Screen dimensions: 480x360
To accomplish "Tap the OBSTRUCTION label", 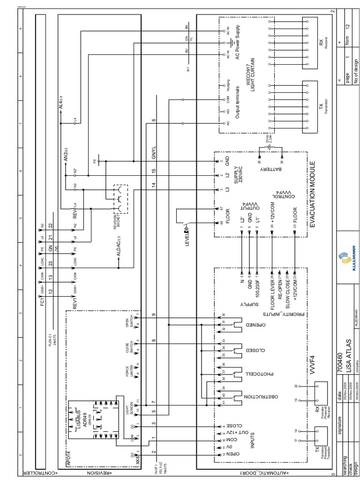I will tap(249, 397).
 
